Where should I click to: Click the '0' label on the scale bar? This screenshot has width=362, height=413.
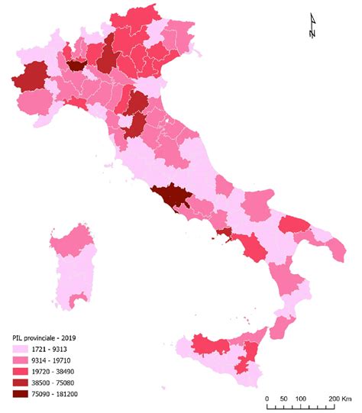tap(267, 398)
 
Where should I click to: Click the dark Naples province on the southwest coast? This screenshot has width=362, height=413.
tap(223, 232)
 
